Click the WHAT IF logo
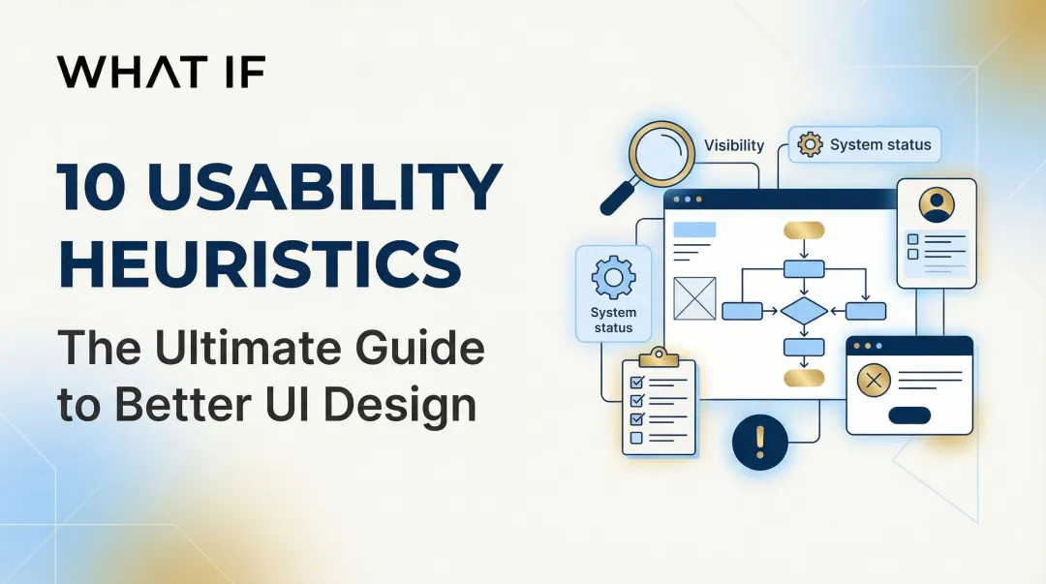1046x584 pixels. click(x=161, y=73)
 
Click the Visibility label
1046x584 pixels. click(x=733, y=145)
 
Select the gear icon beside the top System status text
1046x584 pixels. click(x=810, y=145)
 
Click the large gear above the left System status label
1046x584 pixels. click(x=613, y=278)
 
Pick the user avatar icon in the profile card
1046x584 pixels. click(x=936, y=204)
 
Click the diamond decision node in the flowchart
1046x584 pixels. click(x=804, y=311)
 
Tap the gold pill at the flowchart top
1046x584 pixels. click(x=804, y=230)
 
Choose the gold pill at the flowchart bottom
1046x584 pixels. click(x=804, y=378)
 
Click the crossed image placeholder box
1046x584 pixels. click(x=693, y=298)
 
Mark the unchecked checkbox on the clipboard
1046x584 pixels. click(x=636, y=438)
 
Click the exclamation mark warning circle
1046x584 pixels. click(x=759, y=442)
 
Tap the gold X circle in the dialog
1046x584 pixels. click(x=875, y=382)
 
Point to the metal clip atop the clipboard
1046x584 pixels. click(x=659, y=355)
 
